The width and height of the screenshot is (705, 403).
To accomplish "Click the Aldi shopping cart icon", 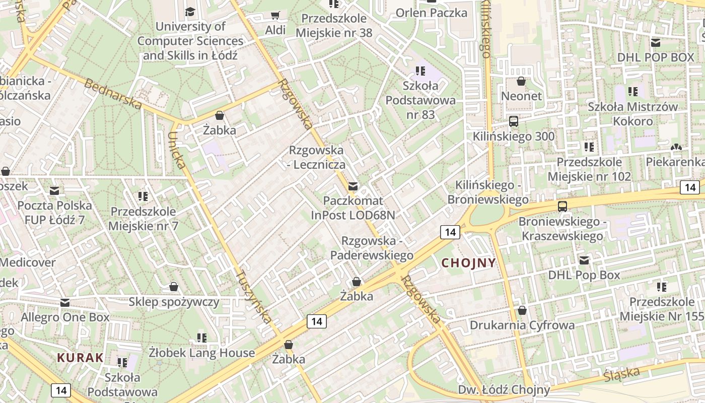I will (x=275, y=16).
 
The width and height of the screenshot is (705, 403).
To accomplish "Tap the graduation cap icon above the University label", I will (x=190, y=12).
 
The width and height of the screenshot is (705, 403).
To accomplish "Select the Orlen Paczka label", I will (x=432, y=13).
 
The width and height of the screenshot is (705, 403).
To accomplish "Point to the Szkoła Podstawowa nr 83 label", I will (x=420, y=100).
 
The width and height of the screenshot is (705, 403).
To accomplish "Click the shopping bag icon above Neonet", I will (x=521, y=81).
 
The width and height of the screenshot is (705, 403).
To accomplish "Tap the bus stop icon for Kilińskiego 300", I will (x=514, y=121).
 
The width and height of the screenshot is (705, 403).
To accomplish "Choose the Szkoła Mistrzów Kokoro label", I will (x=633, y=114).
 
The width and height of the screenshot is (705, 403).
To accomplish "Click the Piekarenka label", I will (x=675, y=162).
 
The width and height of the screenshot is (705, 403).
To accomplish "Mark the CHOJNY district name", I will (x=469, y=263).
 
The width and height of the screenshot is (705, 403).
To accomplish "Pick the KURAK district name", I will (x=81, y=358).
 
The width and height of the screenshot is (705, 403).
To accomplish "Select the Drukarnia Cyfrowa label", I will (x=522, y=325).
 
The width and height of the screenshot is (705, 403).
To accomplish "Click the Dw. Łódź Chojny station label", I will (x=504, y=389).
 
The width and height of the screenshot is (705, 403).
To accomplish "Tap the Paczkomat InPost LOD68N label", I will (x=353, y=208).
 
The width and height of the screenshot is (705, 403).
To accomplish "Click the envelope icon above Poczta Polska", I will (x=54, y=191).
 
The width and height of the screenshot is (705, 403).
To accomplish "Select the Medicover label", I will (x=28, y=262).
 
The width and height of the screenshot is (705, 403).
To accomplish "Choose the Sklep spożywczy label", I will (x=174, y=302).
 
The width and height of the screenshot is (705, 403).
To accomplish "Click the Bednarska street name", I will (x=113, y=94).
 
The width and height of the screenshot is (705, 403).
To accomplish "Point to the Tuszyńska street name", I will (x=254, y=297).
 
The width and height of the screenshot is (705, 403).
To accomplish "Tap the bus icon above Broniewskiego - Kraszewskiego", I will (x=562, y=206).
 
